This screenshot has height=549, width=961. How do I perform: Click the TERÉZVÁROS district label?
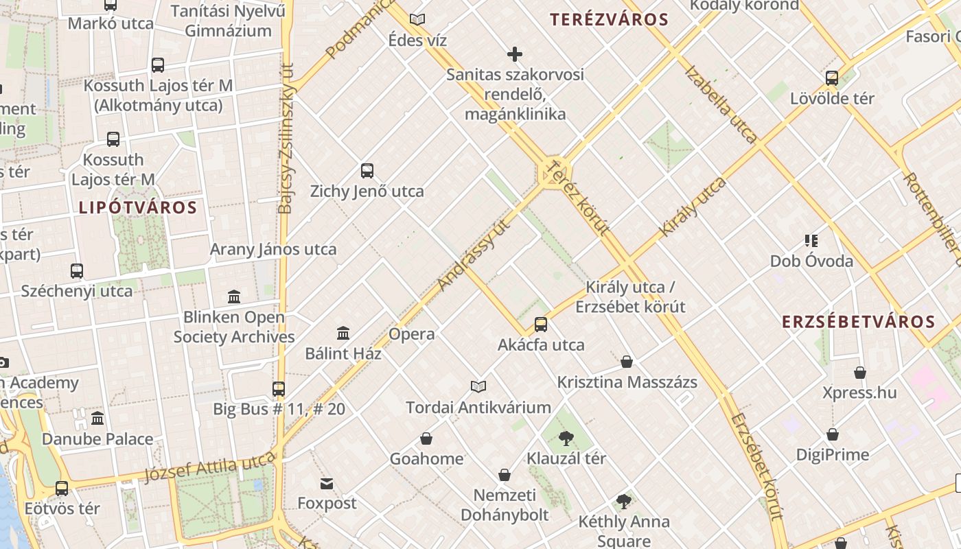coord(610,19)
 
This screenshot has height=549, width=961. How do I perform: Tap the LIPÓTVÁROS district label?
coord(137,207)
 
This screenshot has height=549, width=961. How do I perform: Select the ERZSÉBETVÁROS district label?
coord(858,322)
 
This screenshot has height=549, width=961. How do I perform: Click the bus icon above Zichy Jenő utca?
coord(367,171)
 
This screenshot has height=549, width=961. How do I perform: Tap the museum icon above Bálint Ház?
coord(343,334)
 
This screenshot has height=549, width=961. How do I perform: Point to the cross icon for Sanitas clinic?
coord(514,54)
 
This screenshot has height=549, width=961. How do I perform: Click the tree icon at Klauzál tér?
coord(566,438)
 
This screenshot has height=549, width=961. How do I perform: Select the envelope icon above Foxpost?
coord(327,484)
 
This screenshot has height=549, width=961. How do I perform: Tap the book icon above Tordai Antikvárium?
coord(478,387)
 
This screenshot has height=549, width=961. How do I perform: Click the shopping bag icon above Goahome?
coord(426,439)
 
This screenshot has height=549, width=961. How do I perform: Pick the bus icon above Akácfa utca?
coord(541,325)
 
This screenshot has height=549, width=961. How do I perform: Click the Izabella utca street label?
coord(720,104)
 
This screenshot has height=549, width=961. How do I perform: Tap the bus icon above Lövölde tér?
coord(832,78)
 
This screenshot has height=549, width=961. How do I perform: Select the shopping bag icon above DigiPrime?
coord(832,434)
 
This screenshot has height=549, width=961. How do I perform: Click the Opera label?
coord(412,334)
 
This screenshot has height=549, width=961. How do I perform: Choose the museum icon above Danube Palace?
coord(97,418)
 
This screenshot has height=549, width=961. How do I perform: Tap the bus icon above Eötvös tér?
coord(62,489)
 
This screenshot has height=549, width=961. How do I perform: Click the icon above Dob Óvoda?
coord(811,241)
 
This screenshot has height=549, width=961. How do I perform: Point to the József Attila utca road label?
coord(209,469)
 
